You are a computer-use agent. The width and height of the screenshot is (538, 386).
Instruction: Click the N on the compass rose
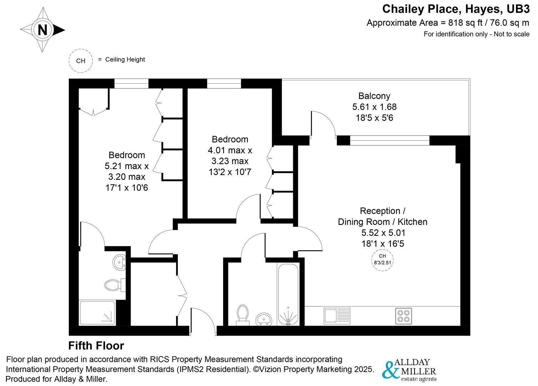point(42,30)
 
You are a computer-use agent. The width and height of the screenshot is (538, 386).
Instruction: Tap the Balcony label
point(374,96)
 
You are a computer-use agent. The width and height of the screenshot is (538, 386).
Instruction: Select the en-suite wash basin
point(119,262)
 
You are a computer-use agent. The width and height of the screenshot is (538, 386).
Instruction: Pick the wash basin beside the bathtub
point(264,319)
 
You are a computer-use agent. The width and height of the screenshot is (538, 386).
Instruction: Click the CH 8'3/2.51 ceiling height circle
point(382,259)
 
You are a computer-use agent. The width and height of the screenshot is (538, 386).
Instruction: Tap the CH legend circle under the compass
point(81,60)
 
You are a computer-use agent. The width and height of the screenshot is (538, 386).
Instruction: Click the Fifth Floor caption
point(96,346)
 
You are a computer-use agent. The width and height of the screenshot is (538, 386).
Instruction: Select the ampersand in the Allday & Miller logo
point(391,370)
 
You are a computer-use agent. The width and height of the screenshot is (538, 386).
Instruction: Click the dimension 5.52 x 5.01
point(383,233)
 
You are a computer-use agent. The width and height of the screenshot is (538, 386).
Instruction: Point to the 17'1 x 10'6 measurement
point(126,187)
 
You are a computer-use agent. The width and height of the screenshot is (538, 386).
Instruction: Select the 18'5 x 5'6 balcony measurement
point(374,118)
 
